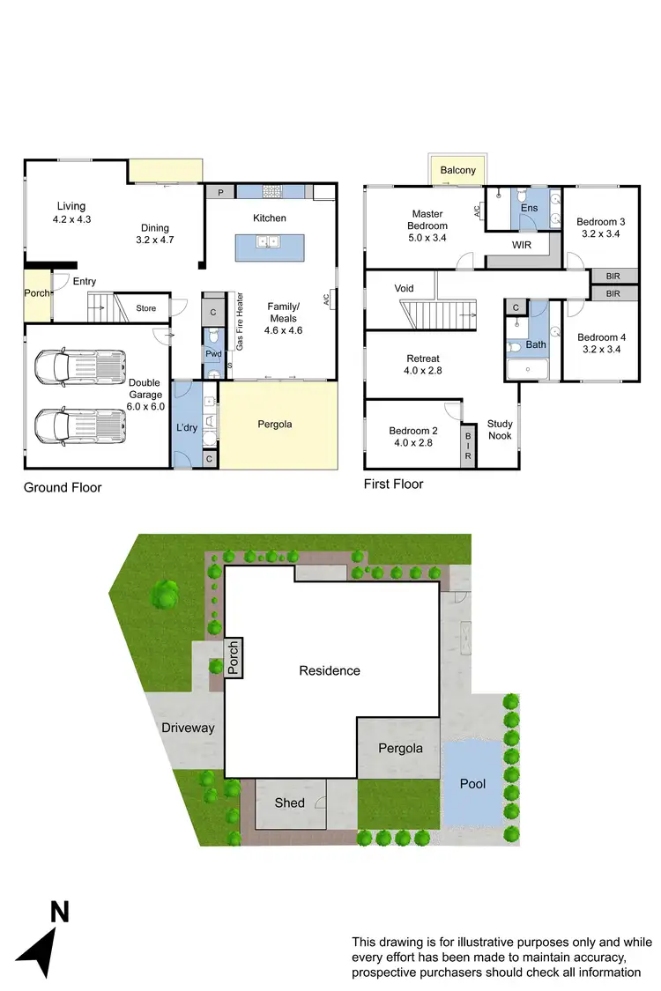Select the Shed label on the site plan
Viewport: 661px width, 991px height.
click(289, 802)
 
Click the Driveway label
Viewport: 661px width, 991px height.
click(188, 728)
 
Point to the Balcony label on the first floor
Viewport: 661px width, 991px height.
click(457, 170)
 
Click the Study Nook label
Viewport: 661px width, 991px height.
click(500, 430)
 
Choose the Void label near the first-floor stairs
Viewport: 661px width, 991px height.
click(404, 288)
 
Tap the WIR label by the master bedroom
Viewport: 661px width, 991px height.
click(521, 244)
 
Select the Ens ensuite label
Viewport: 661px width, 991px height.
click(529, 208)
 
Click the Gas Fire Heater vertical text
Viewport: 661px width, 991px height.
click(238, 322)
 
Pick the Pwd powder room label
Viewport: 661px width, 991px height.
click(213, 354)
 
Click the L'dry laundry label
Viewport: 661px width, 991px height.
click(187, 426)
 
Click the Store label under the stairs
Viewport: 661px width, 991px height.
click(145, 308)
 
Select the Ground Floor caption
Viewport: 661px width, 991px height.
click(63, 487)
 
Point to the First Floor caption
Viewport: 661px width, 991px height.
click(393, 484)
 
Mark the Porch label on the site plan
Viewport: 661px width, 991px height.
click(234, 658)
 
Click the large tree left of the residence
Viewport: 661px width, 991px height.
click(165, 594)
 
